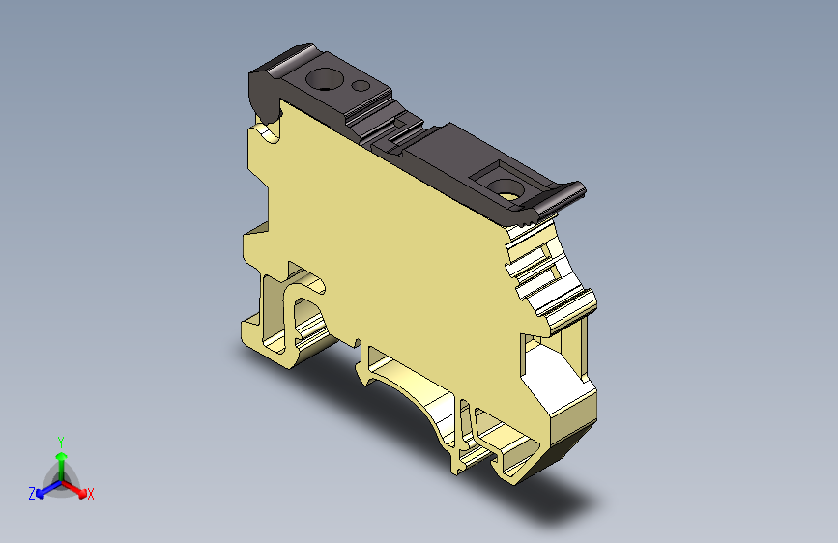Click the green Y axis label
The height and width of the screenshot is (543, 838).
(x=60, y=440)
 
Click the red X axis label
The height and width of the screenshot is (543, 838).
(x=91, y=495)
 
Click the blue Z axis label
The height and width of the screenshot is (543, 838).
(x=31, y=493)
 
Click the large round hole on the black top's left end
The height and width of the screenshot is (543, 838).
(x=320, y=79)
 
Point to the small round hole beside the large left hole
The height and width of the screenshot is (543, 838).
(x=362, y=85)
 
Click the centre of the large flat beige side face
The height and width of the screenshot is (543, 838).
(x=387, y=232)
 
